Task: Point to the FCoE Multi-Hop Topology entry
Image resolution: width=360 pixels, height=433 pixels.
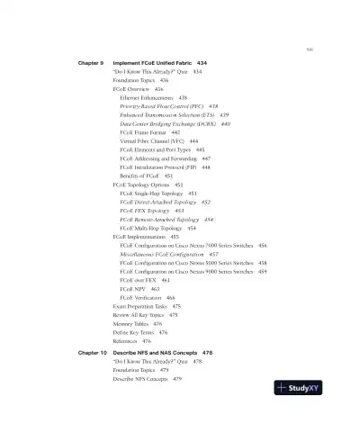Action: click(151, 228)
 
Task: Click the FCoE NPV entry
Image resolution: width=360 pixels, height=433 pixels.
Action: click(132, 289)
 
